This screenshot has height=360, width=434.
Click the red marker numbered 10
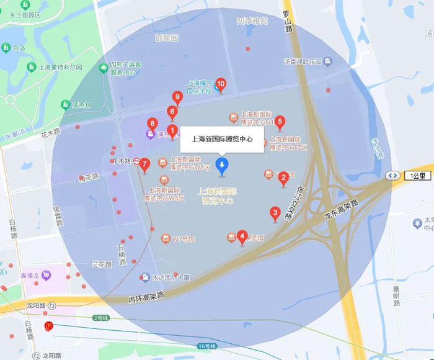coord(220,84)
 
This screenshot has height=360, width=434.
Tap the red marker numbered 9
coord(177,97)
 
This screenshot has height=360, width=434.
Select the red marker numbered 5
coord(280,122)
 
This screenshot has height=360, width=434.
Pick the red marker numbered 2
coord(283,177)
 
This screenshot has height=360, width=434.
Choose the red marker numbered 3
coord(275,214)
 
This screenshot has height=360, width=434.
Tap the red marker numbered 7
coord(144,164)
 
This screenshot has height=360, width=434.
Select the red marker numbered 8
coord(152,124)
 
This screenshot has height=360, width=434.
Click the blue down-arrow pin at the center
coord(221,164)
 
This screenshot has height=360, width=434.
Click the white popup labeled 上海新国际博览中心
coord(222,140)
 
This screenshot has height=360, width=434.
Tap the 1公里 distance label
coord(418,176)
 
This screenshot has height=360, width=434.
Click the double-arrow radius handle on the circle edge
coord(392,176)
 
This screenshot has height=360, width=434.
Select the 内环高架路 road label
coord(147,297)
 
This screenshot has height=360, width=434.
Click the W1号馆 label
coord(184,238)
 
